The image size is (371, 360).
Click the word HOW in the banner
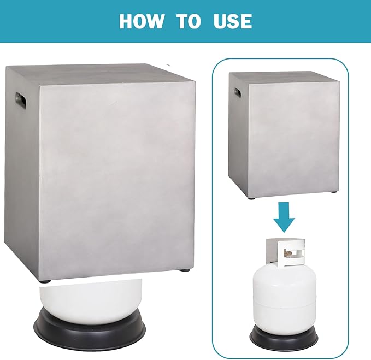pyautogui.click(x=142, y=21)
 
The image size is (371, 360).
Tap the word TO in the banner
pyautogui.click(x=189, y=21)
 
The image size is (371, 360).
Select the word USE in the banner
pyautogui.click(x=233, y=21)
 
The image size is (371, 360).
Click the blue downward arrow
pyautogui.click(x=284, y=217)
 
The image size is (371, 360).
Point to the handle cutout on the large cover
pyautogui.click(x=21, y=98)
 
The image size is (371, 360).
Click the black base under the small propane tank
pyautogui.click(x=284, y=337)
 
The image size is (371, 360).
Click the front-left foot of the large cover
pyautogui.click(x=46, y=281)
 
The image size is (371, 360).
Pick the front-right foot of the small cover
pyautogui.click(x=334, y=192)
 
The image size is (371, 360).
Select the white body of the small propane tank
pyautogui.click(x=285, y=300)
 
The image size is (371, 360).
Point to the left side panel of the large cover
pyautogui.click(x=22, y=173)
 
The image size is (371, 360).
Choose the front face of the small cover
pyautogui.click(x=293, y=139)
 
